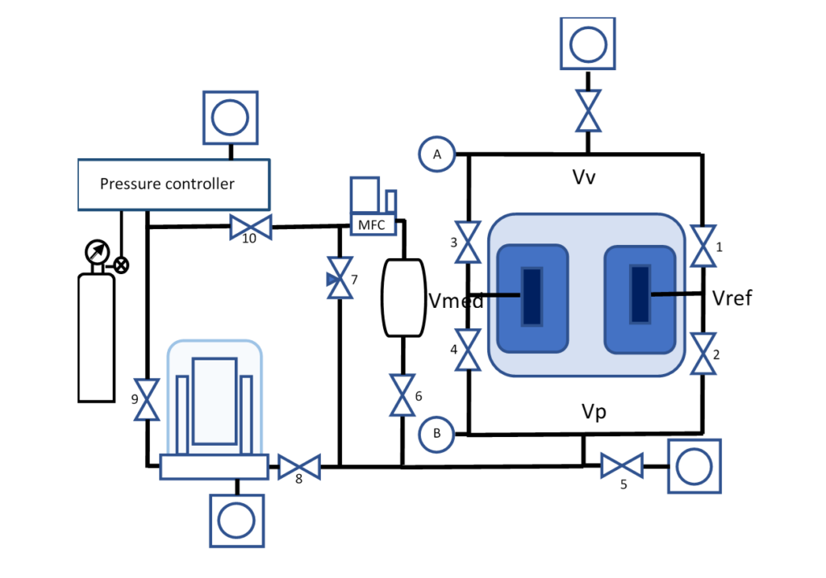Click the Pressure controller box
click(x=174, y=185)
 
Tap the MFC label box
click(x=373, y=225)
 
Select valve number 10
click(x=251, y=227)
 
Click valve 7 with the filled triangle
click(x=340, y=278)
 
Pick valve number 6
click(x=403, y=395)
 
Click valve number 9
click(x=147, y=400)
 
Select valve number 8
click(x=299, y=467)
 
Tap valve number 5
click(x=622, y=466)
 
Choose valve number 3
click(x=468, y=242)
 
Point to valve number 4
click(x=468, y=350)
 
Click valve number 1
click(x=703, y=246)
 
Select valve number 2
click(x=703, y=353)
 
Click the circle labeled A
click(x=436, y=154)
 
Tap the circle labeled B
click(x=436, y=435)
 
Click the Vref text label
click(x=732, y=298)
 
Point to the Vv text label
click(x=584, y=177)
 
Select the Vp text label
click(x=594, y=412)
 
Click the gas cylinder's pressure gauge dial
click(x=98, y=252)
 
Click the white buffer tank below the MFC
click(x=403, y=298)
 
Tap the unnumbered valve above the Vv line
click(x=588, y=110)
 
